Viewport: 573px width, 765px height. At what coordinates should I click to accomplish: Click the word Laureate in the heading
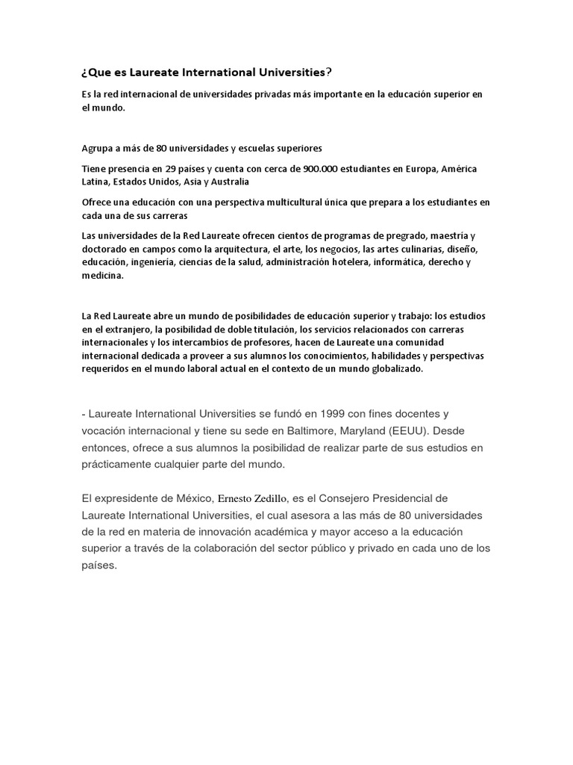148,72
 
